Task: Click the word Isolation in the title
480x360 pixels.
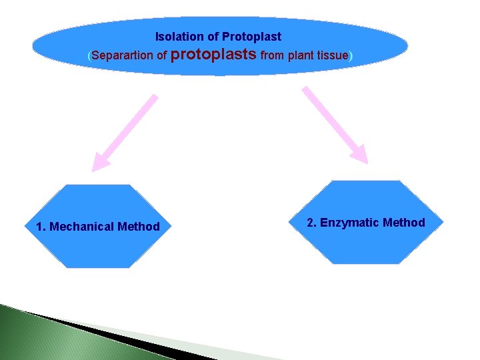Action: coord(175,37)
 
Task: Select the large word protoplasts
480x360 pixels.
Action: coord(214,55)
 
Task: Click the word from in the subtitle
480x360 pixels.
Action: coord(272,55)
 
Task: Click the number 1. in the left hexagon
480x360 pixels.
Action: coord(41,227)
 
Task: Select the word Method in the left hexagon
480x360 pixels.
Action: coord(139,227)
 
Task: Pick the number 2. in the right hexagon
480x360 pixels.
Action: coord(311,223)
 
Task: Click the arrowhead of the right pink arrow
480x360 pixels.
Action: coord(361,155)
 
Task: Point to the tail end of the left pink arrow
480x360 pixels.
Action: coord(155,97)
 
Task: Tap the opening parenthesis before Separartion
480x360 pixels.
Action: coord(89,56)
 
